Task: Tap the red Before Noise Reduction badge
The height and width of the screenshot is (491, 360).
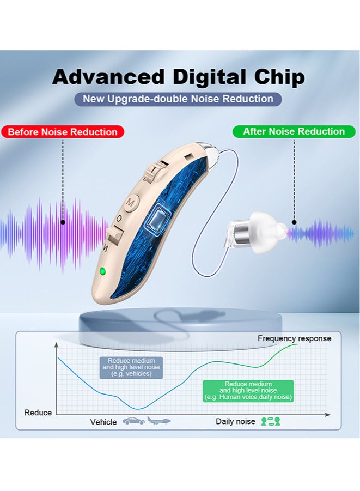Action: pyautogui.click(x=63, y=132)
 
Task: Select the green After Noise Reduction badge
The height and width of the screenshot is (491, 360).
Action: pyautogui.click(x=294, y=131)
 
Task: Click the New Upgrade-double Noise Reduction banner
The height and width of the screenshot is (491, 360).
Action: pyautogui.click(x=178, y=99)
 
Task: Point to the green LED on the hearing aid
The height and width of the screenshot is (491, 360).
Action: pyautogui.click(x=101, y=271)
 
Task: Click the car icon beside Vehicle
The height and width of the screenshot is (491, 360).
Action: pyautogui.click(x=133, y=421)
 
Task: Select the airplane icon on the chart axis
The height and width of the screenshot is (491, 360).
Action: pyautogui.click(x=159, y=421)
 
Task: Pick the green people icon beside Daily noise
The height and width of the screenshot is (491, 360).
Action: pyautogui.click(x=270, y=421)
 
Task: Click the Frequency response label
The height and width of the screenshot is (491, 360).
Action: pyautogui.click(x=294, y=338)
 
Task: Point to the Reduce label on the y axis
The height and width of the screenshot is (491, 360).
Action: pyautogui.click(x=38, y=413)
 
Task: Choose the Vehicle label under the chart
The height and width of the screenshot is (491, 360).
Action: pyautogui.click(x=103, y=422)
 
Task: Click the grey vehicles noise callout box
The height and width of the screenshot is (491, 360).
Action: pyautogui.click(x=131, y=367)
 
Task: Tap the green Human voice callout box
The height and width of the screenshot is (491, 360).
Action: pyautogui.click(x=248, y=391)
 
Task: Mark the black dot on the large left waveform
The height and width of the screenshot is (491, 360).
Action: pyautogui.click(x=63, y=222)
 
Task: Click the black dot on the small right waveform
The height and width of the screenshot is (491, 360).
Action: pyautogui.click(x=294, y=222)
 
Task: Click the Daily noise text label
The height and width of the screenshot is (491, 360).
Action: pyautogui.click(x=235, y=421)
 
